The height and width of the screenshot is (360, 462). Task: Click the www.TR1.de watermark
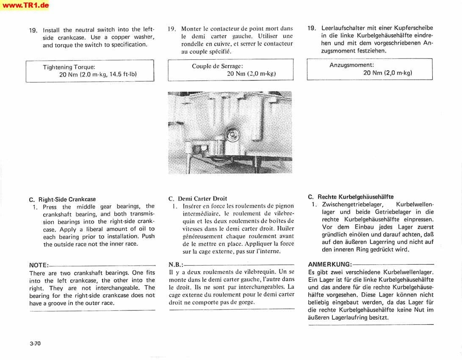click(25, 5)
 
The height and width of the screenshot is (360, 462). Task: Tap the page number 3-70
click(35, 343)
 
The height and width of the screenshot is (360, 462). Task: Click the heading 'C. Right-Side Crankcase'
click(62, 199)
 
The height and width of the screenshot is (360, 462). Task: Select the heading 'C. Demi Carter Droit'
click(197, 198)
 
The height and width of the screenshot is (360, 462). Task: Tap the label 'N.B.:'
click(176, 264)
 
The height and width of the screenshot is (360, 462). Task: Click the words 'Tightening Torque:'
click(69, 67)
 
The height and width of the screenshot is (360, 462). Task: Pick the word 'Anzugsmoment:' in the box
click(351, 65)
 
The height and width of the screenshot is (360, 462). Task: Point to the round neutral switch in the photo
click(231, 135)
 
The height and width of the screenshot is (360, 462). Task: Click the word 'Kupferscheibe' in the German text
click(415, 28)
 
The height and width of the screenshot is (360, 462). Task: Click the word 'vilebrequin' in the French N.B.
click(253, 271)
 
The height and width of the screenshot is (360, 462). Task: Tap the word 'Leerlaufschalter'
click(343, 28)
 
